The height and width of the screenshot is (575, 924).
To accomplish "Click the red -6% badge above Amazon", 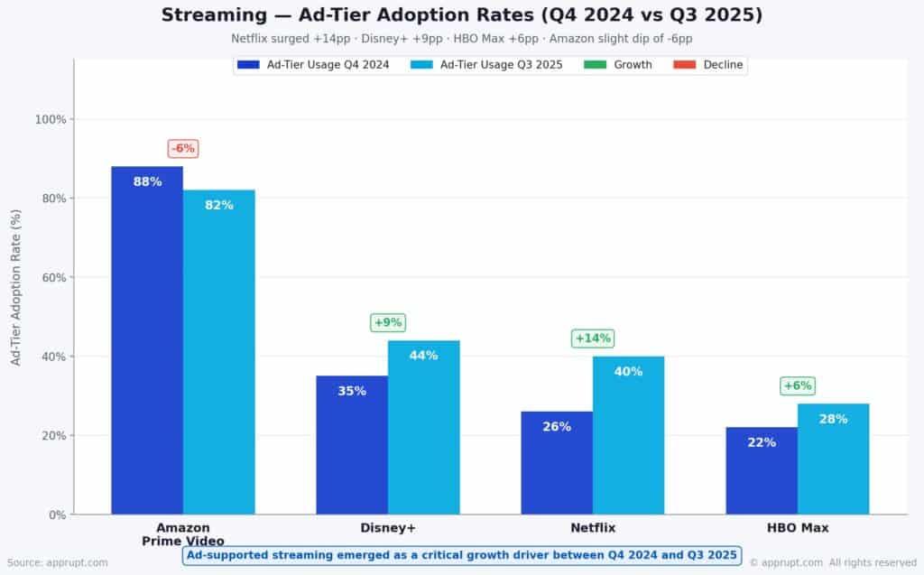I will (x=183, y=148).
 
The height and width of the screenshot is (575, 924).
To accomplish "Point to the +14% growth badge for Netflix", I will (x=593, y=339).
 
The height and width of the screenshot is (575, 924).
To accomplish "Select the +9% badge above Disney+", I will (x=388, y=322).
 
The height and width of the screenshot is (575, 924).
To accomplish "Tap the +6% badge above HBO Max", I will (x=798, y=385).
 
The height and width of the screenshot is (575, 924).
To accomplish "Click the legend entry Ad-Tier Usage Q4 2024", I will (x=313, y=65).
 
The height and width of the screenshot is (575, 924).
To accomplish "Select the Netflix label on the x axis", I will (x=592, y=528).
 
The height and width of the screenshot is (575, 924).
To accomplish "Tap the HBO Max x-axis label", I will (x=798, y=528).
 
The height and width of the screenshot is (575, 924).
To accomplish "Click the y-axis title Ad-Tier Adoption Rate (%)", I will (x=15, y=287).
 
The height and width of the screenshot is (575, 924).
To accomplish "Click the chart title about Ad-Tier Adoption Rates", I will (x=461, y=15).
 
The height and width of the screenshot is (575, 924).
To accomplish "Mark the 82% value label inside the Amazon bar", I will (x=219, y=205).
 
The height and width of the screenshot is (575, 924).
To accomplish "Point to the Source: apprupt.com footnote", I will (x=58, y=562).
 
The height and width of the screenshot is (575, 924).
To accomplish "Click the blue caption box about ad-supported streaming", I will (x=462, y=554).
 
